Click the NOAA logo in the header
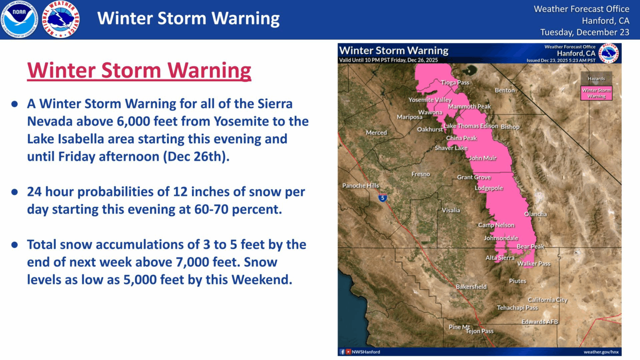(x=19, y=19)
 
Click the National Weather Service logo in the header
(x=61, y=19)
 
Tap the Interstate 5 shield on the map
(x=382, y=198)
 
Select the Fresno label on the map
(x=420, y=174)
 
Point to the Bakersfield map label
(x=471, y=287)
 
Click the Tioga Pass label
(x=455, y=82)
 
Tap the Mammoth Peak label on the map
(x=469, y=107)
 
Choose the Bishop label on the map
(x=510, y=127)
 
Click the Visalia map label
(x=451, y=210)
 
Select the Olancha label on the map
(x=535, y=214)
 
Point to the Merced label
(x=376, y=132)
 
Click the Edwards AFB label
(x=540, y=322)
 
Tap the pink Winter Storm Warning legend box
(x=596, y=93)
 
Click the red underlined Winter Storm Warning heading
(x=139, y=70)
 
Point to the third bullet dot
(x=15, y=245)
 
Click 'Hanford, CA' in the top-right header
(x=605, y=20)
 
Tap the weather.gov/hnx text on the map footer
(x=601, y=352)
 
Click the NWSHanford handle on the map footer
(x=365, y=352)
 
